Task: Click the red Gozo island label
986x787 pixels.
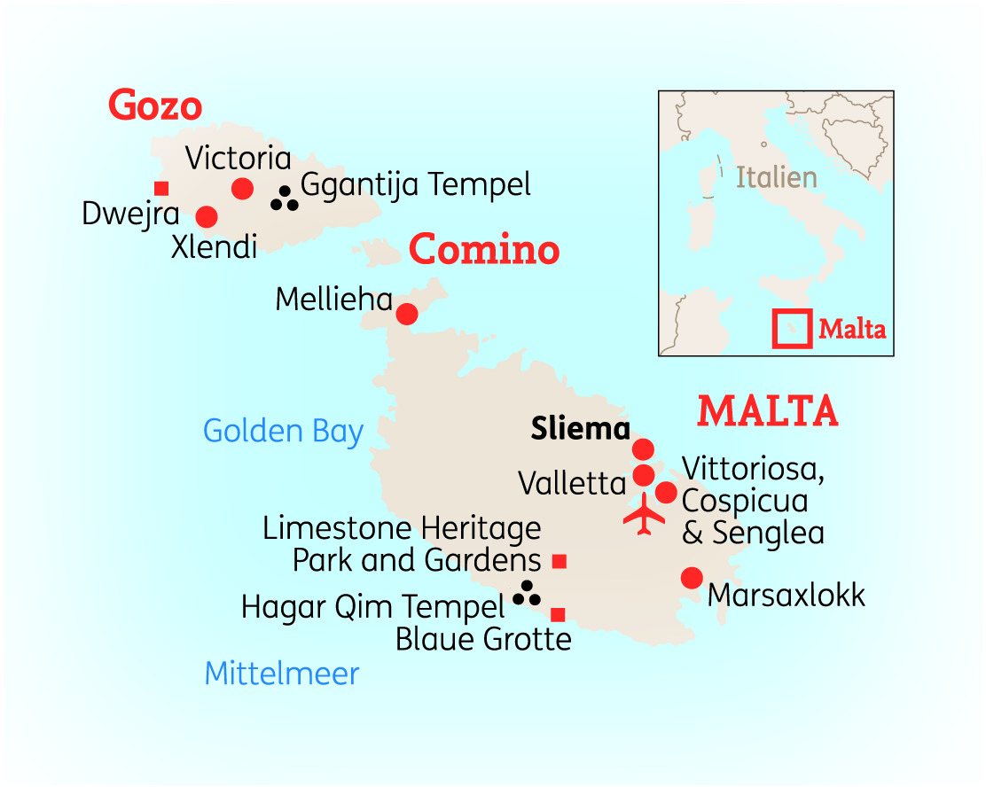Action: click(x=155, y=105)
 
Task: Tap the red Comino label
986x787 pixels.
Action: click(x=484, y=251)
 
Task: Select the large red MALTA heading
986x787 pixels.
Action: click(x=768, y=410)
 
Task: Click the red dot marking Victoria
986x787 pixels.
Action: click(x=242, y=188)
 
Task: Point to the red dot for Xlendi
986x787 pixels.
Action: click(x=207, y=216)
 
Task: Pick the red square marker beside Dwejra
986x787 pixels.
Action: click(x=161, y=188)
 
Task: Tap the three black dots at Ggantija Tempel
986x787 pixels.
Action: click(x=285, y=199)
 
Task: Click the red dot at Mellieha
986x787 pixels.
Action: click(x=406, y=314)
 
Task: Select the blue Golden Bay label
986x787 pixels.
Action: click(x=284, y=432)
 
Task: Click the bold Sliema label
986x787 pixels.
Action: click(x=580, y=429)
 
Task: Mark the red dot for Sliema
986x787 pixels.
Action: click(x=643, y=449)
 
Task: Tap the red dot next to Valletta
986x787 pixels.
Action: click(x=643, y=476)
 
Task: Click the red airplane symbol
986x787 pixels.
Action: click(x=644, y=515)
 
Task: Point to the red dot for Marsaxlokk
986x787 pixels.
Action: click(x=692, y=578)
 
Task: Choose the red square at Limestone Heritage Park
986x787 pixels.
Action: click(x=559, y=560)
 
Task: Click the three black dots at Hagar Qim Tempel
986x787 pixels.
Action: click(x=528, y=594)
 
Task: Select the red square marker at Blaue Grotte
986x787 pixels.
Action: click(x=558, y=614)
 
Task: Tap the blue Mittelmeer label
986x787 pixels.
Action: click(x=282, y=674)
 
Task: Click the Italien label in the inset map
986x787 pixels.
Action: click(x=776, y=177)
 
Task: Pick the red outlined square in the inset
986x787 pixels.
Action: click(x=791, y=328)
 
